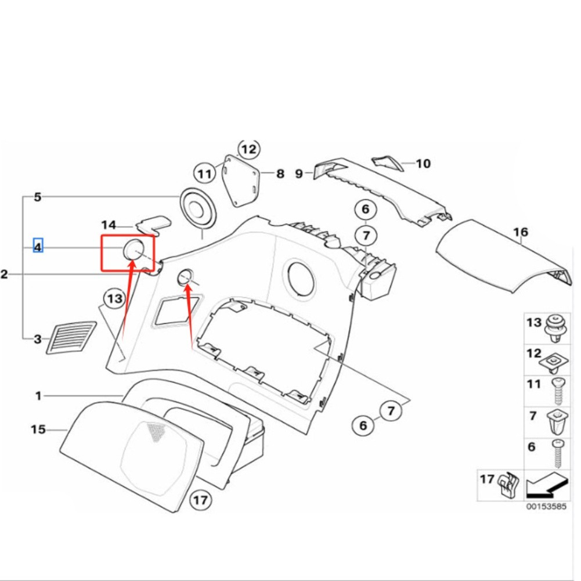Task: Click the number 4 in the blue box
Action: pyautogui.click(x=38, y=247)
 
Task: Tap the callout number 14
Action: pyautogui.click(x=109, y=225)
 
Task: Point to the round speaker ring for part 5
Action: pyautogui.click(x=199, y=207)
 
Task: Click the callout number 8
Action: pyautogui.click(x=280, y=174)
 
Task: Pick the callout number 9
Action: pyautogui.click(x=299, y=174)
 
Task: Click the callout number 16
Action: pyautogui.click(x=521, y=233)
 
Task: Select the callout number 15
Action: pyautogui.click(x=38, y=430)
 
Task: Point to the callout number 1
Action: pyautogui.click(x=38, y=396)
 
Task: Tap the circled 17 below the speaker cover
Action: pyautogui.click(x=200, y=500)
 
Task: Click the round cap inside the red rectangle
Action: pyautogui.click(x=132, y=250)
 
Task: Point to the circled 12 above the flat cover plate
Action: pyautogui.click(x=248, y=150)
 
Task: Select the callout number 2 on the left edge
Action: pyautogui.click(x=5, y=274)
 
